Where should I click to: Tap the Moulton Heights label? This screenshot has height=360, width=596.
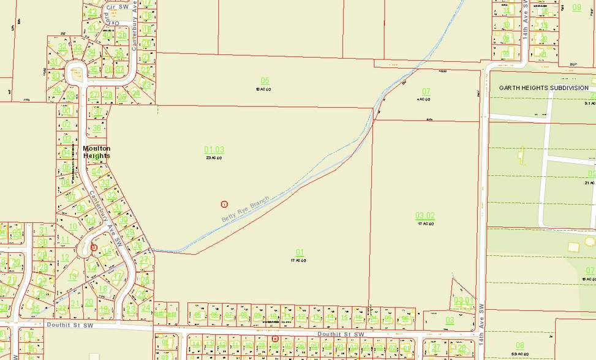[x=97, y=152]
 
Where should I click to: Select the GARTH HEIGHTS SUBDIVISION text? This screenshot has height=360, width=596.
[x=543, y=88]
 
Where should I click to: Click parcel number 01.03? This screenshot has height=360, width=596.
[x=214, y=149]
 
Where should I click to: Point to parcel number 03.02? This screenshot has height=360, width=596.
[x=424, y=216]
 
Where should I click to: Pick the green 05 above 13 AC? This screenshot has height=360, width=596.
[x=265, y=81]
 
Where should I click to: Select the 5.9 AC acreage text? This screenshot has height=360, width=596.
[x=519, y=354]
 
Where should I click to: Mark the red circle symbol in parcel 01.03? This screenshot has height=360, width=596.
[x=224, y=203]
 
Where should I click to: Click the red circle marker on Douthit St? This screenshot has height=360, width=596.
[x=274, y=338]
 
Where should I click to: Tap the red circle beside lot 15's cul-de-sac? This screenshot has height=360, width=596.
[x=94, y=247]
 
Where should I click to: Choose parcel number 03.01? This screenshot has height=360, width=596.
[x=463, y=300]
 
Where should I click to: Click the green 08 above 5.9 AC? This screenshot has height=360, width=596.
[x=519, y=345]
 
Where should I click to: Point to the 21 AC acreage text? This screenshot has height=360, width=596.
[x=590, y=182]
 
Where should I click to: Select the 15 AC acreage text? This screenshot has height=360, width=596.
[x=590, y=279]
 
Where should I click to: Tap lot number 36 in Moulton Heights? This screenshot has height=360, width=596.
[x=97, y=129]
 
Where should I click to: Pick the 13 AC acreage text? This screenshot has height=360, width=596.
[x=264, y=89]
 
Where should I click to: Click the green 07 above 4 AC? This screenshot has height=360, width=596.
[x=426, y=91]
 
